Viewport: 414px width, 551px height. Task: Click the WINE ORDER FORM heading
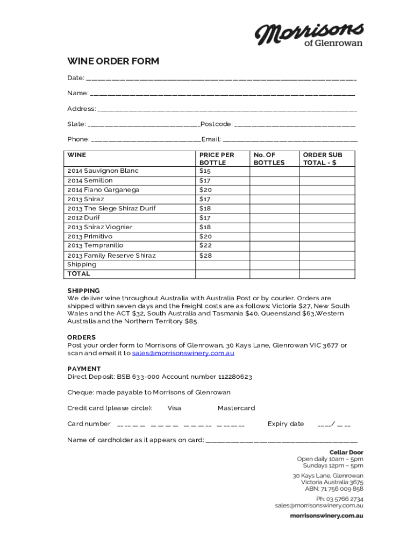pyautogui.click(x=113, y=61)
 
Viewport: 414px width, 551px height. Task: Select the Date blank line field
pyautogui.click(x=221, y=79)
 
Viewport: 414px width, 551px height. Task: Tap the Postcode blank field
pyautogui.click(x=295, y=124)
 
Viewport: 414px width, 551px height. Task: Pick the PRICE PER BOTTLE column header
pyautogui.click(x=217, y=159)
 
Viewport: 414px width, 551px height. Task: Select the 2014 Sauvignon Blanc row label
pyautogui.click(x=103, y=171)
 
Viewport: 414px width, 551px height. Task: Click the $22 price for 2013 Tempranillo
pyautogui.click(x=205, y=245)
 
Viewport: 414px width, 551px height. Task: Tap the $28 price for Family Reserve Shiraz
pyautogui.click(x=205, y=256)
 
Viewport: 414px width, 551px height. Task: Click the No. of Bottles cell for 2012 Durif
pyautogui.click(x=274, y=218)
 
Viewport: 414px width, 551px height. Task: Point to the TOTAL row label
pyautogui.click(x=78, y=274)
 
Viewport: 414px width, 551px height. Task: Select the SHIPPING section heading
pyautogui.click(x=83, y=291)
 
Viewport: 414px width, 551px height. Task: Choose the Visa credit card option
pyautogui.click(x=174, y=408)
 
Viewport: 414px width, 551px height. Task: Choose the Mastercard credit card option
pyautogui.click(x=236, y=408)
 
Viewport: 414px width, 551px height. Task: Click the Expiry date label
pyautogui.click(x=285, y=424)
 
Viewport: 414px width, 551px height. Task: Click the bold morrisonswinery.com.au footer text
pyautogui.click(x=326, y=515)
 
